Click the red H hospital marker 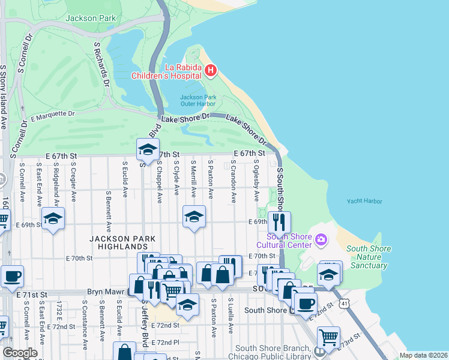tap(210, 71)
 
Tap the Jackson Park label tap(91, 18)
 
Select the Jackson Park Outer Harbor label tap(198, 100)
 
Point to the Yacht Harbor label tap(364, 202)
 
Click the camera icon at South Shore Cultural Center tap(321, 240)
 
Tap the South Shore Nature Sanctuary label tap(368, 257)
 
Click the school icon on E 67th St tap(148, 150)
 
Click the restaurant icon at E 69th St tap(279, 222)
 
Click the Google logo tap(20, 353)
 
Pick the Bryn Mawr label tap(106, 292)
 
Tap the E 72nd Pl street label tap(166, 342)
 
